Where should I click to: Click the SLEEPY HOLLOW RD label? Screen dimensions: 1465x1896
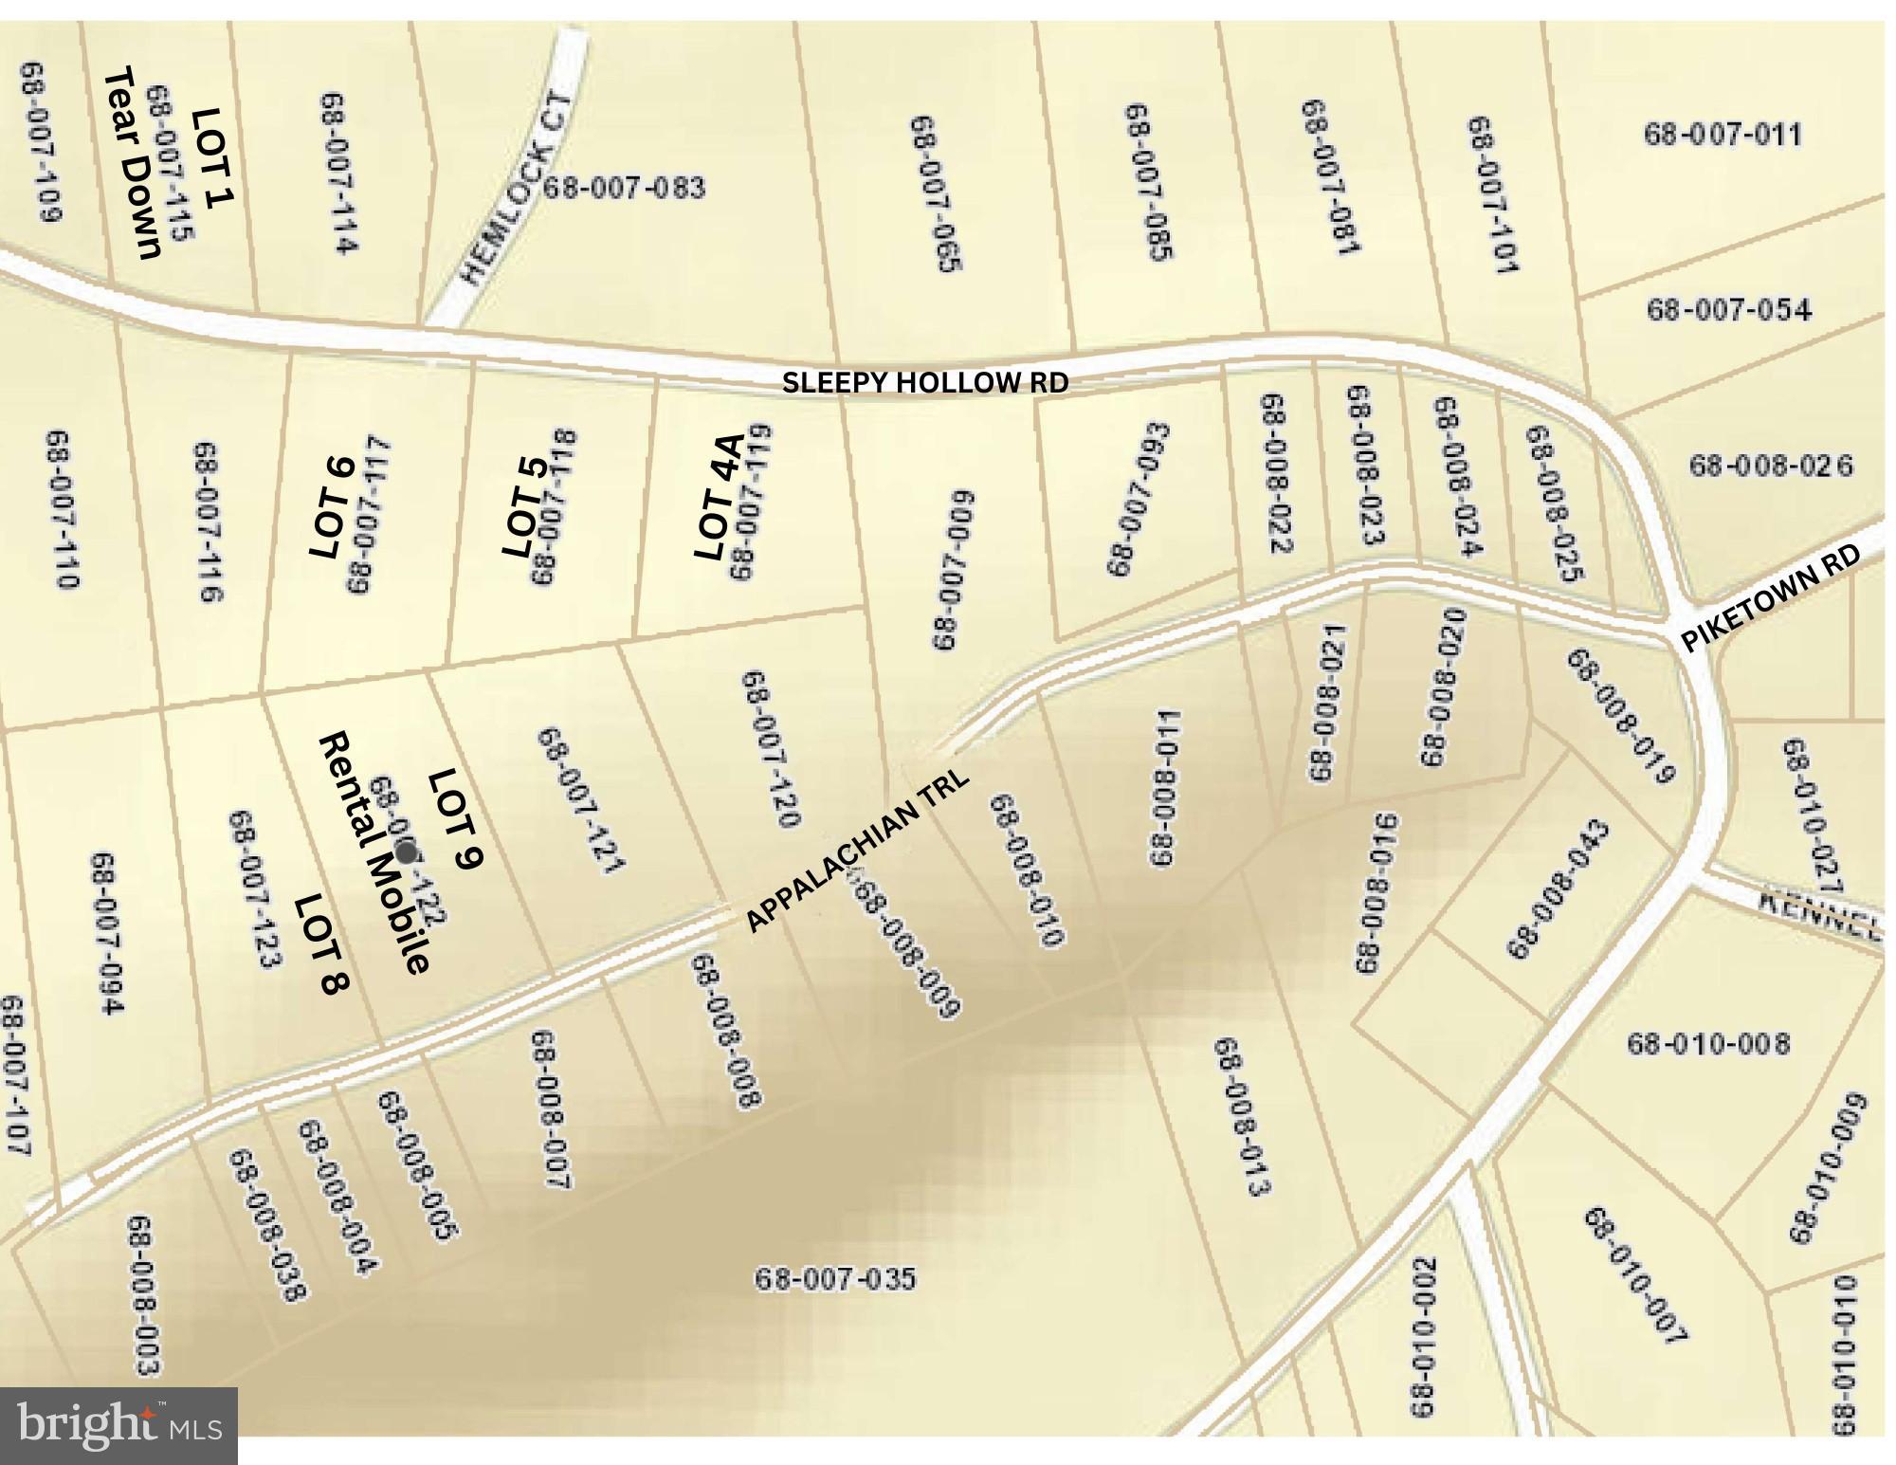[925, 382]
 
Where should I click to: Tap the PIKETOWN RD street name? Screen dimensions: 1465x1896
[1783, 597]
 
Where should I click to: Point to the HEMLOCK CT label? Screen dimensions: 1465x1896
[518, 190]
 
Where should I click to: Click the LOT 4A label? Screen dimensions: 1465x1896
[718, 497]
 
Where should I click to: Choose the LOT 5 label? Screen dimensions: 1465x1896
[523, 507]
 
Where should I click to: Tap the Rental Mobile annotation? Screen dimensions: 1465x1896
[375, 852]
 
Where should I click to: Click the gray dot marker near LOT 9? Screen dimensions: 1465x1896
[406, 852]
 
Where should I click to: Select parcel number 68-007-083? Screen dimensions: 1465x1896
[624, 187]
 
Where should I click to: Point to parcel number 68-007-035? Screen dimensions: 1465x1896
[835, 1279]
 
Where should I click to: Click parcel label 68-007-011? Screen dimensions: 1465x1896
[1722, 134]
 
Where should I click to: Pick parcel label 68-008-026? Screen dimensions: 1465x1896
[1770, 466]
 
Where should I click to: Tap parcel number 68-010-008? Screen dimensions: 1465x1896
[1708, 1044]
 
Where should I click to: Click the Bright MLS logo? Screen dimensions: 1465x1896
[118, 1426]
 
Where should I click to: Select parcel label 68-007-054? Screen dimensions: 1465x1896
[1728, 309]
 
